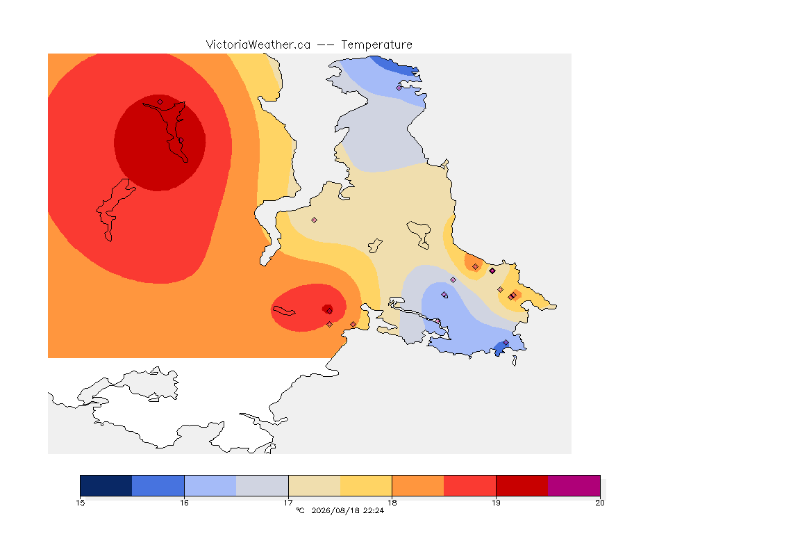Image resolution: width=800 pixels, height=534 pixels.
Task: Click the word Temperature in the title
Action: click(x=376, y=45)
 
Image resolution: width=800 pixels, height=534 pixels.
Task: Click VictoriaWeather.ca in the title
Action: click(x=258, y=45)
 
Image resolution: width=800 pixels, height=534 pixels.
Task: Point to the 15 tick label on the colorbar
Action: click(x=80, y=503)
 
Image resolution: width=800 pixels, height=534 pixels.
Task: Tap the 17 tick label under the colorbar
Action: click(x=288, y=503)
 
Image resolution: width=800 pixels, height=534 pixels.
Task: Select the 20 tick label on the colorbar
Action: click(x=600, y=503)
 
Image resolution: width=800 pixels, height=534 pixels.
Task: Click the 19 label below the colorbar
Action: click(x=496, y=503)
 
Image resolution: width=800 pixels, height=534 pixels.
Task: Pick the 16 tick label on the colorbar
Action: click(x=184, y=503)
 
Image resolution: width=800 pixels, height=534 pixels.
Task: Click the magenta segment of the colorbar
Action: click(x=574, y=485)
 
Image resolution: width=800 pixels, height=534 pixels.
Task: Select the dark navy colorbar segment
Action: click(x=106, y=485)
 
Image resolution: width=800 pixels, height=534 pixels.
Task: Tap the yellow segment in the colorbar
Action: click(x=366, y=485)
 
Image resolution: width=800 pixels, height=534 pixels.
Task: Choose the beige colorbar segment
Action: click(x=315, y=485)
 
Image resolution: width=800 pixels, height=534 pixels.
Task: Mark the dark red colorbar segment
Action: click(x=522, y=485)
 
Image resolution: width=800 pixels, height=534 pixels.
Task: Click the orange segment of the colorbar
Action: click(x=418, y=485)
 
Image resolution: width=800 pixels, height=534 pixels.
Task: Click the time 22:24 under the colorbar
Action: click(x=374, y=510)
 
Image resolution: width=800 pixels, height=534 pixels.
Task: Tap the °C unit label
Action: click(x=300, y=510)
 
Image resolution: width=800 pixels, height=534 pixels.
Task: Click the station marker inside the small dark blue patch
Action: click(x=506, y=342)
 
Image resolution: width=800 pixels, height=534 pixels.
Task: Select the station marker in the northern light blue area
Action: click(x=399, y=88)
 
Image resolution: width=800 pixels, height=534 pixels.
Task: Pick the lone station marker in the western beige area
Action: click(x=315, y=220)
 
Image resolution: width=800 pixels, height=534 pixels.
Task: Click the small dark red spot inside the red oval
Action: click(x=328, y=309)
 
